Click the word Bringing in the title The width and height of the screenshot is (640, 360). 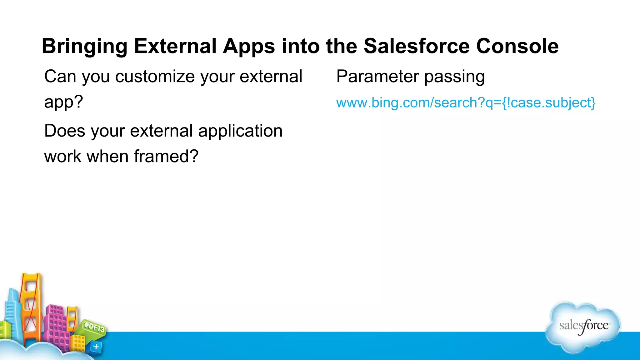click(84, 47)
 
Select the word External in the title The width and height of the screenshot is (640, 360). click(175, 46)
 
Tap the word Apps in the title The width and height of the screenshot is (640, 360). click(249, 47)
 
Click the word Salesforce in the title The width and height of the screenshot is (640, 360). click(417, 46)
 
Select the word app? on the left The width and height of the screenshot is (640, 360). click(63, 102)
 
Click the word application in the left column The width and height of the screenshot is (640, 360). click(240, 131)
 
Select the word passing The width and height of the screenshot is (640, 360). click(454, 77)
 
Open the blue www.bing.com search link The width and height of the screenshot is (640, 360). click(466, 103)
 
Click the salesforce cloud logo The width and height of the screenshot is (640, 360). click(583, 327)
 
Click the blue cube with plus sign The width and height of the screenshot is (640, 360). click(96, 347)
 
